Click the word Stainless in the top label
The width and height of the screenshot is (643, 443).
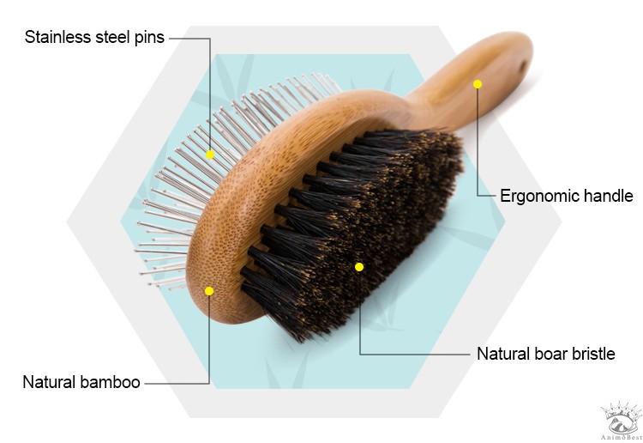click(58, 37)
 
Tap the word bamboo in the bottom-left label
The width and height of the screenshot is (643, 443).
click(111, 382)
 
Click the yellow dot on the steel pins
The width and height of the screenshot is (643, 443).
click(210, 155)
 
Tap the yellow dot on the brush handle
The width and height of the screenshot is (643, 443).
click(478, 84)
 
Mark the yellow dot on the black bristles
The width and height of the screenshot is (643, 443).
click(359, 267)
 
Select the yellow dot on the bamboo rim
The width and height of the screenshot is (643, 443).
click(209, 291)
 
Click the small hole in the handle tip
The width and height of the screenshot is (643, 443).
click(523, 65)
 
